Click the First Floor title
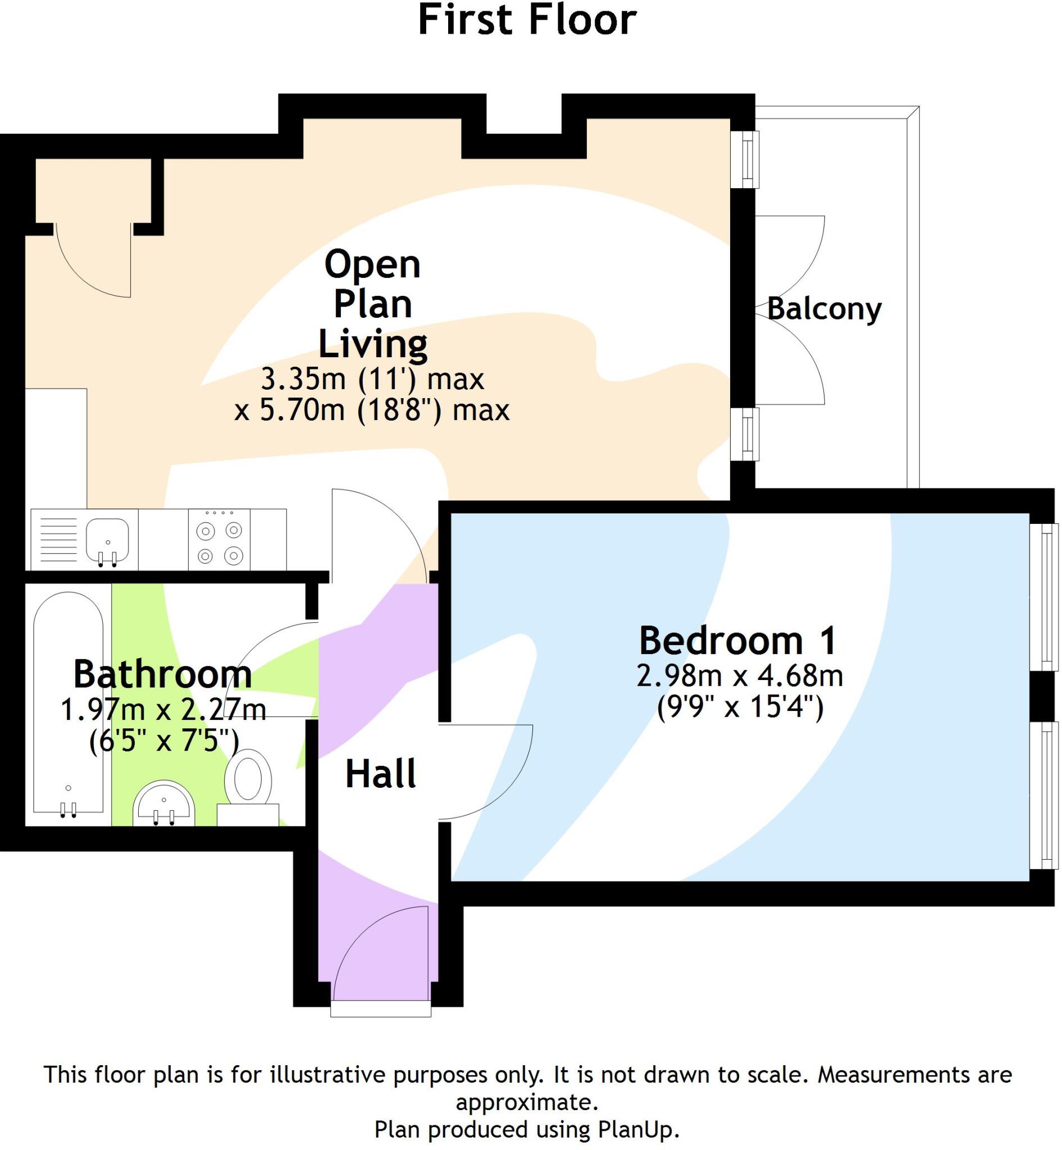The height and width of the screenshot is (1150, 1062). (x=527, y=20)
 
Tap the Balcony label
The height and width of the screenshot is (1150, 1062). (x=823, y=309)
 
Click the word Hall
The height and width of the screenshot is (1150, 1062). (x=380, y=774)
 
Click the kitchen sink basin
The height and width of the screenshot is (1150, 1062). (x=107, y=539)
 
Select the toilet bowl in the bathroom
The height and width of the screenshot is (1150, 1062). (x=248, y=780)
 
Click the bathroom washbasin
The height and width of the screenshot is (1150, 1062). (x=164, y=803)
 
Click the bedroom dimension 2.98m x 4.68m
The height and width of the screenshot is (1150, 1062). (x=739, y=676)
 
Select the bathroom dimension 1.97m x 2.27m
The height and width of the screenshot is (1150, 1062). (x=163, y=710)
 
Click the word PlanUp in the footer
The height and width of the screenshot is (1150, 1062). (x=639, y=1130)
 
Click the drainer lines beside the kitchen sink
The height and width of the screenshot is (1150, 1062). (x=58, y=540)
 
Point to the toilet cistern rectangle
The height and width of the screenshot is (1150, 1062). (x=248, y=814)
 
